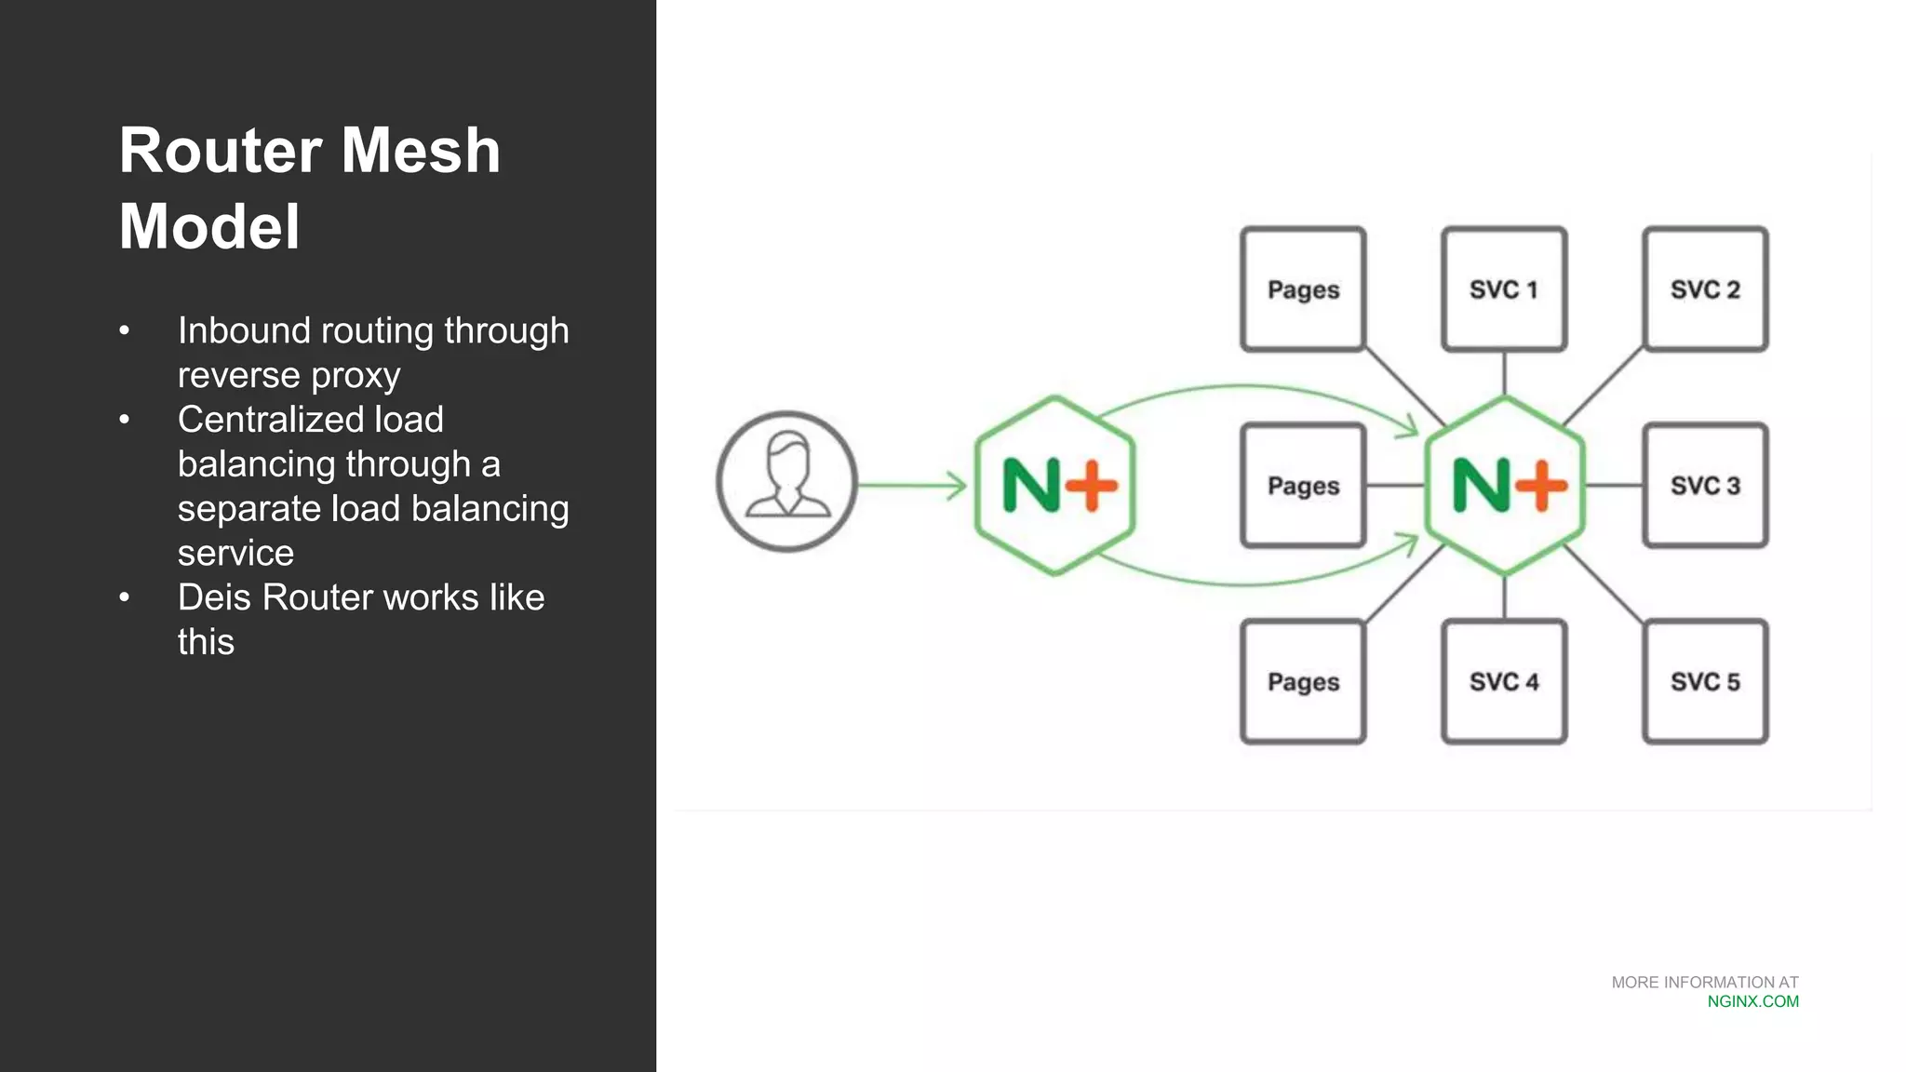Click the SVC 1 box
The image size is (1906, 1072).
(1504, 289)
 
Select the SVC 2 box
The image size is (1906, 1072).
(1705, 289)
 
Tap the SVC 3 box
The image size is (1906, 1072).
(1705, 486)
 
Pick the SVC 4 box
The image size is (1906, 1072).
(1504, 682)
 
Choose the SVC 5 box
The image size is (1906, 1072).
(1705, 682)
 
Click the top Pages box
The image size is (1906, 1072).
(1303, 289)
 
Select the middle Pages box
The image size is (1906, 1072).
(1303, 486)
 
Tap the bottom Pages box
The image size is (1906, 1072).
(1303, 682)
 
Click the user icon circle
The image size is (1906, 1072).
(786, 482)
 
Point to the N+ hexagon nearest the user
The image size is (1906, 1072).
(1055, 486)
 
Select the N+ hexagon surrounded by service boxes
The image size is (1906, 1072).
(1505, 486)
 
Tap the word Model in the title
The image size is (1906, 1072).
(209, 227)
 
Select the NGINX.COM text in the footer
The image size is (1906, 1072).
(1752, 1002)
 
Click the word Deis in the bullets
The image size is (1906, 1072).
(214, 597)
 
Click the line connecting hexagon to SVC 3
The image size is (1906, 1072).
(1614, 486)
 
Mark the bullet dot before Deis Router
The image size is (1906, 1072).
(125, 597)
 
